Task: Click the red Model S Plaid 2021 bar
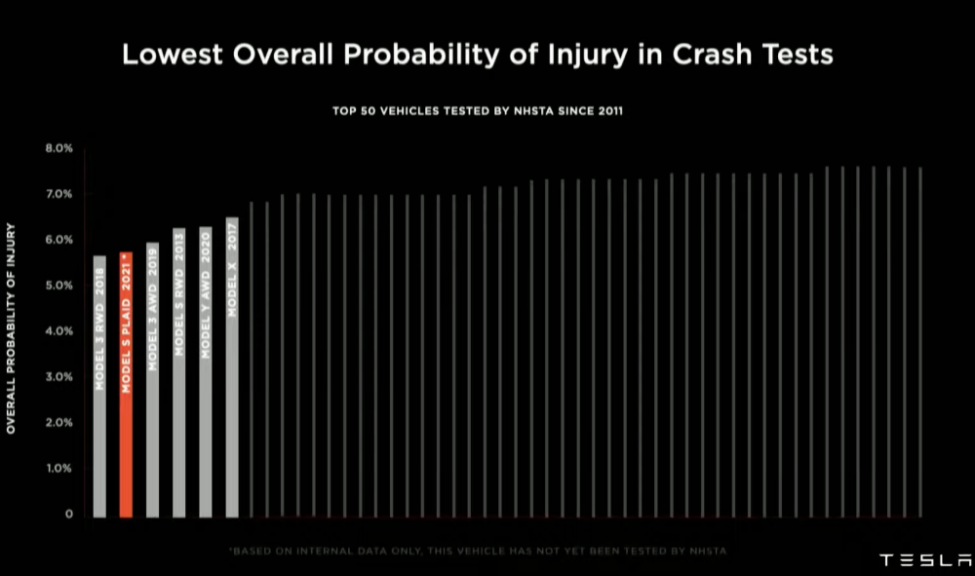tap(126, 384)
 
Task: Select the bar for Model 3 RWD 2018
tap(99, 386)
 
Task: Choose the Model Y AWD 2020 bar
tap(206, 371)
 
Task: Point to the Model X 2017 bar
tap(232, 366)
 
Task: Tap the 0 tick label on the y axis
tap(69, 514)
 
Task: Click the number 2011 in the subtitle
tap(607, 111)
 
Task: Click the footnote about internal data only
tap(478, 552)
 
